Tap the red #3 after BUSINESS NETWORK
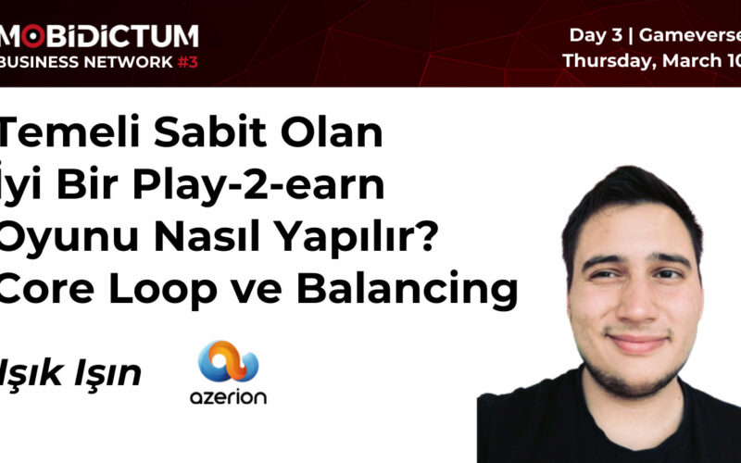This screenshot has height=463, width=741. click(x=186, y=62)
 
